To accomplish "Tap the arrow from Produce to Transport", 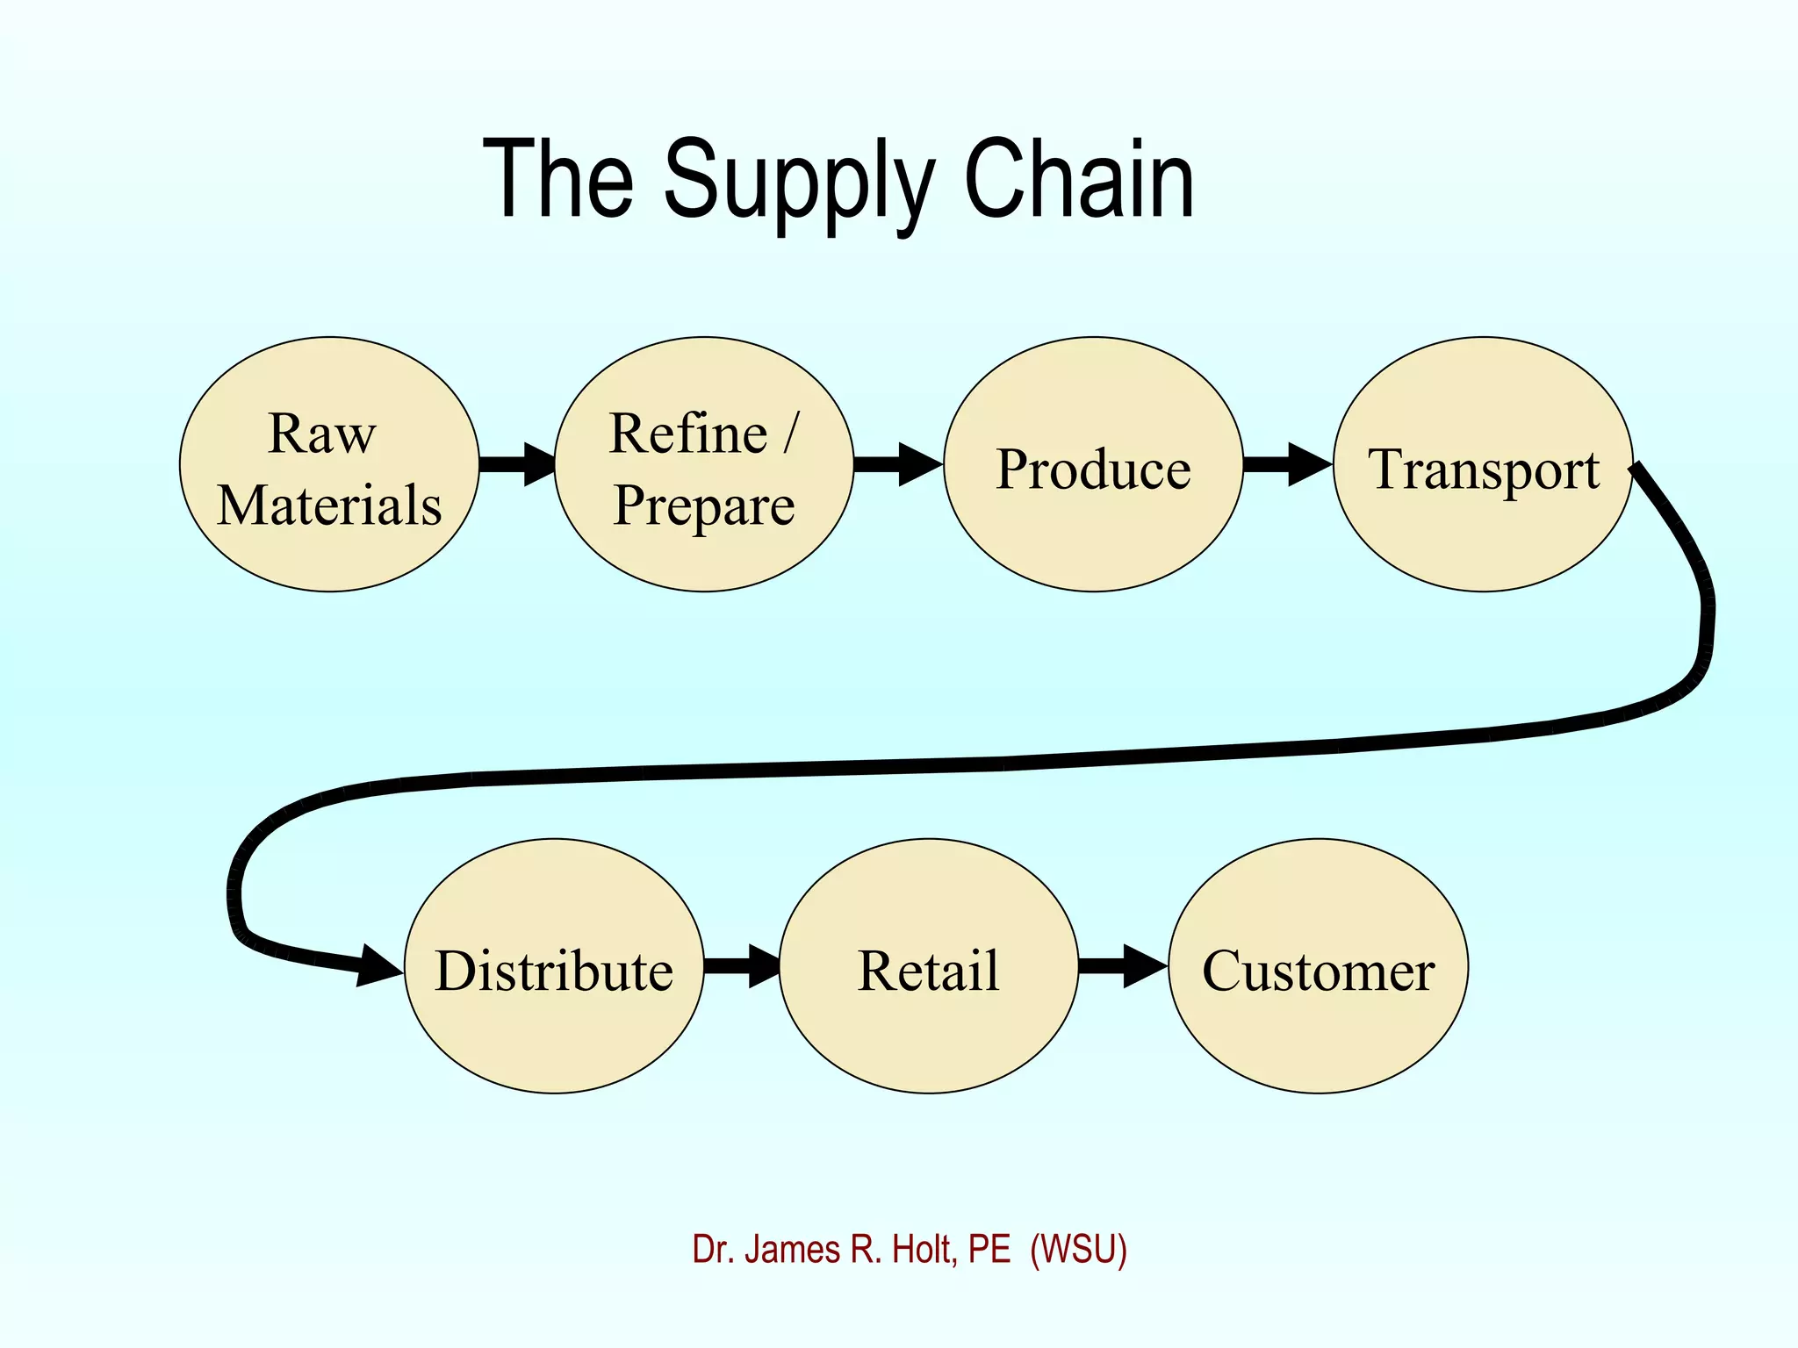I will [x=1287, y=464].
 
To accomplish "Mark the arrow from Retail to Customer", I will [x=1122, y=966].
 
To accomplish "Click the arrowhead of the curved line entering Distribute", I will [x=379, y=966].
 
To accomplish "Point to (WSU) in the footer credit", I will [x=1078, y=1250].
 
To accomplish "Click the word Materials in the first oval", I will [x=329, y=505].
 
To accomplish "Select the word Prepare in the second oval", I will [x=704, y=507].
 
